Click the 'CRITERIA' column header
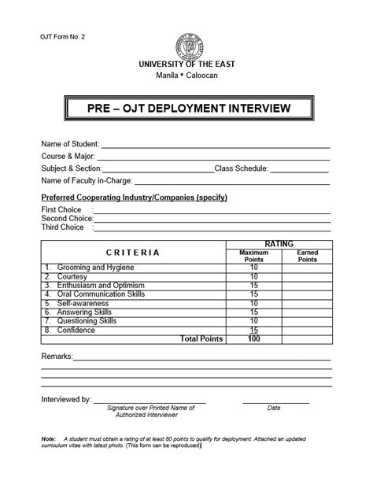click(132, 253)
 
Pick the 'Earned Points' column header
click(306, 256)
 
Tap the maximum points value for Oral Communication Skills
click(253, 294)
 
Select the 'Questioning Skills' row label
click(87, 321)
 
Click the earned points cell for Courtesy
click(306, 276)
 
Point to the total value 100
click(253, 339)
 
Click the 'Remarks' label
click(56, 357)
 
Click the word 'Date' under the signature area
click(274, 408)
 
